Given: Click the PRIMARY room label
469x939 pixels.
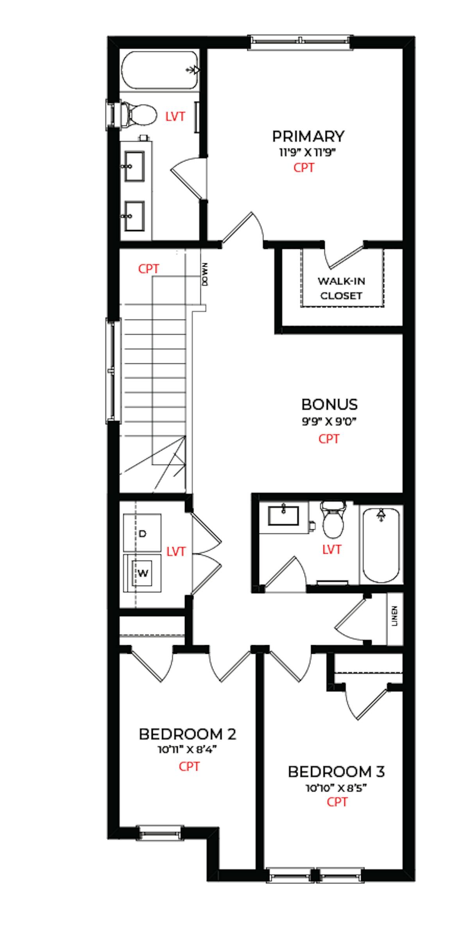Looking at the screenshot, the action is [x=308, y=137].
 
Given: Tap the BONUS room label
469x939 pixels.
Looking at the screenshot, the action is [x=329, y=404].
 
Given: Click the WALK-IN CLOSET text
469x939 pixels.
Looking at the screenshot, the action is [x=341, y=288].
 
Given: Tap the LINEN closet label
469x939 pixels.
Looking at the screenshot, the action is [x=394, y=617].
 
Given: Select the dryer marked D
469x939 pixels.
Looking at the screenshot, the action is [x=142, y=533].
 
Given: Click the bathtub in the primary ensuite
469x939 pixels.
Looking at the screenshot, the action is [x=160, y=70].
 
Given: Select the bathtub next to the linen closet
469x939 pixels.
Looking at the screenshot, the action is [x=381, y=545].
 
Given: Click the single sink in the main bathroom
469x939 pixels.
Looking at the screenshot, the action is [x=283, y=515].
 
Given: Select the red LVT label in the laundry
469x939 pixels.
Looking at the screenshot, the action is [x=175, y=552].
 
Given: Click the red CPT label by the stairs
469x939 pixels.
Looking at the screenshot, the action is [x=149, y=269].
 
